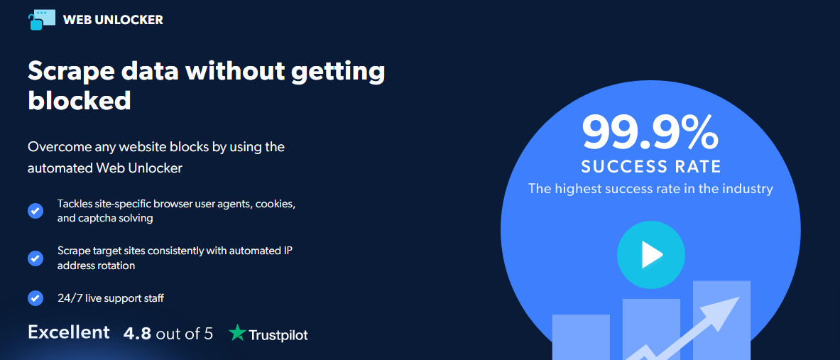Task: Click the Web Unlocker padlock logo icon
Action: click(42, 20)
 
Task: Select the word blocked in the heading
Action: click(80, 100)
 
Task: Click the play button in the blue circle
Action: click(651, 256)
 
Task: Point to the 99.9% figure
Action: click(650, 132)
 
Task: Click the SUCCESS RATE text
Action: click(651, 167)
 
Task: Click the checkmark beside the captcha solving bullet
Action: click(36, 211)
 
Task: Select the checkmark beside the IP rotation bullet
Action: click(36, 258)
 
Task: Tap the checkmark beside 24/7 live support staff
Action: click(36, 298)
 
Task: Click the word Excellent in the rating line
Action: click(69, 332)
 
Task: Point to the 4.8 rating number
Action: click(138, 334)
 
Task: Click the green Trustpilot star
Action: click(237, 332)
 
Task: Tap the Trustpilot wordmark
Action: click(278, 335)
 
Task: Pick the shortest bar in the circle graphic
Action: click(581, 337)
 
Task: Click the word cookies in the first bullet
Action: click(277, 204)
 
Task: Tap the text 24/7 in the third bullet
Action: click(67, 298)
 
